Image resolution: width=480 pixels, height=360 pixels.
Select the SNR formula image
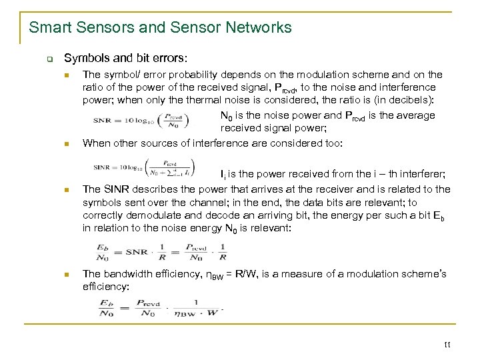[x=142, y=121]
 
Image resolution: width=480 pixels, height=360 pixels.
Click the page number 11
[x=447, y=345]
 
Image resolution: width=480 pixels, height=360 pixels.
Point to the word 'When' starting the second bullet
[x=95, y=143]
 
